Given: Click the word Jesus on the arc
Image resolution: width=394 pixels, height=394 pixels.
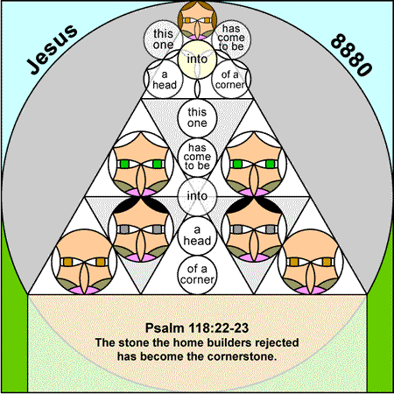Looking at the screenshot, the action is pyautogui.click(x=53, y=49).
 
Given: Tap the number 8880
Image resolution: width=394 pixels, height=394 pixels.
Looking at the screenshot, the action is pyautogui.click(x=351, y=55).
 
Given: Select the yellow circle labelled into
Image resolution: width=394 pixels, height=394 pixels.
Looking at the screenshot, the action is pyautogui.click(x=197, y=60).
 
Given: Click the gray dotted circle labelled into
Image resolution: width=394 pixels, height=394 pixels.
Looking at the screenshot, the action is pyautogui.click(x=197, y=196).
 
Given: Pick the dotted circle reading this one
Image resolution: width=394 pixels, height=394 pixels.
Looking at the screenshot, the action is pyautogui.click(x=163, y=39).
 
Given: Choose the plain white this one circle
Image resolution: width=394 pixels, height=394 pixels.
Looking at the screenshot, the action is pyautogui.click(x=197, y=117).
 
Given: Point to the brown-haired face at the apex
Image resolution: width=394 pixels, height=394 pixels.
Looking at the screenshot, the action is pyautogui.click(x=197, y=20).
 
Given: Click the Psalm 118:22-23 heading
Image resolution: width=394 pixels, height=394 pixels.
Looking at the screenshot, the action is pyautogui.click(x=197, y=328).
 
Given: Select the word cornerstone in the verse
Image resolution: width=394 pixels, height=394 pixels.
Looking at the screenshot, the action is pyautogui.click(x=242, y=356).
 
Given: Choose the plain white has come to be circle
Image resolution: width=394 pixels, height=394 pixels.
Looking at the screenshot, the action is pyautogui.click(x=197, y=157).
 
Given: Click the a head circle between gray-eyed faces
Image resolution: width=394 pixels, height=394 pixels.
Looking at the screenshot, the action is pyautogui.click(x=197, y=236).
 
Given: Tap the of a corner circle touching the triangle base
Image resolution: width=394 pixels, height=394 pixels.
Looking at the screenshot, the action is pyautogui.click(x=197, y=275).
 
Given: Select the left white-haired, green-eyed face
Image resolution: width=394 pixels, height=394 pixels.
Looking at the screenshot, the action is pyautogui.click(x=141, y=164).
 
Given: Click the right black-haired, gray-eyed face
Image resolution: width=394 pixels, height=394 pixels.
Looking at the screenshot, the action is pyautogui.click(x=254, y=229).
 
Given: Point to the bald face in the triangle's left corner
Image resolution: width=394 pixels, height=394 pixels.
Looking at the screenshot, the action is pyautogui.click(x=84, y=262).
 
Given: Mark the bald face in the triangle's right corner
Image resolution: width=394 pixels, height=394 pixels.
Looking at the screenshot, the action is pyautogui.click(x=311, y=262).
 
